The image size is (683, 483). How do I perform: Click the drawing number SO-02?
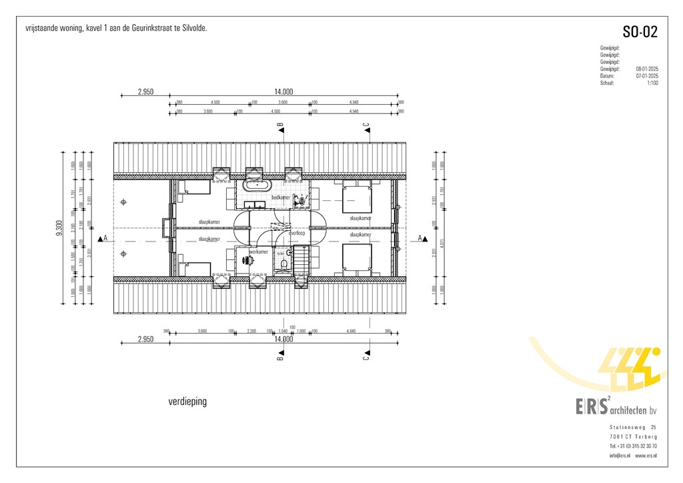[x=640, y=32]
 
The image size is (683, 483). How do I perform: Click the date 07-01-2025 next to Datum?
[x=646, y=76]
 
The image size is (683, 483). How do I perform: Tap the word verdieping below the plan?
[x=188, y=402]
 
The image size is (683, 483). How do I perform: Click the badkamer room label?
[x=281, y=198]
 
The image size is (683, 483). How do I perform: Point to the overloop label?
[x=296, y=233]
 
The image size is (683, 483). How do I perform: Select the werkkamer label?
[x=259, y=252]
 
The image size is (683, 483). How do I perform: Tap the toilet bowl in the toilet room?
[x=284, y=264]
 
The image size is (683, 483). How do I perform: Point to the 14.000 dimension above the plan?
[x=283, y=92]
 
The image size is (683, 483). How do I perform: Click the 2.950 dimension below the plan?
[x=145, y=339]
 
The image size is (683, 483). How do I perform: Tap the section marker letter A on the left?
[x=105, y=238]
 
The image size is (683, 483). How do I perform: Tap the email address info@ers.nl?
[x=620, y=456]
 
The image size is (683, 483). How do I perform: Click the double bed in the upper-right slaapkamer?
[x=357, y=199]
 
